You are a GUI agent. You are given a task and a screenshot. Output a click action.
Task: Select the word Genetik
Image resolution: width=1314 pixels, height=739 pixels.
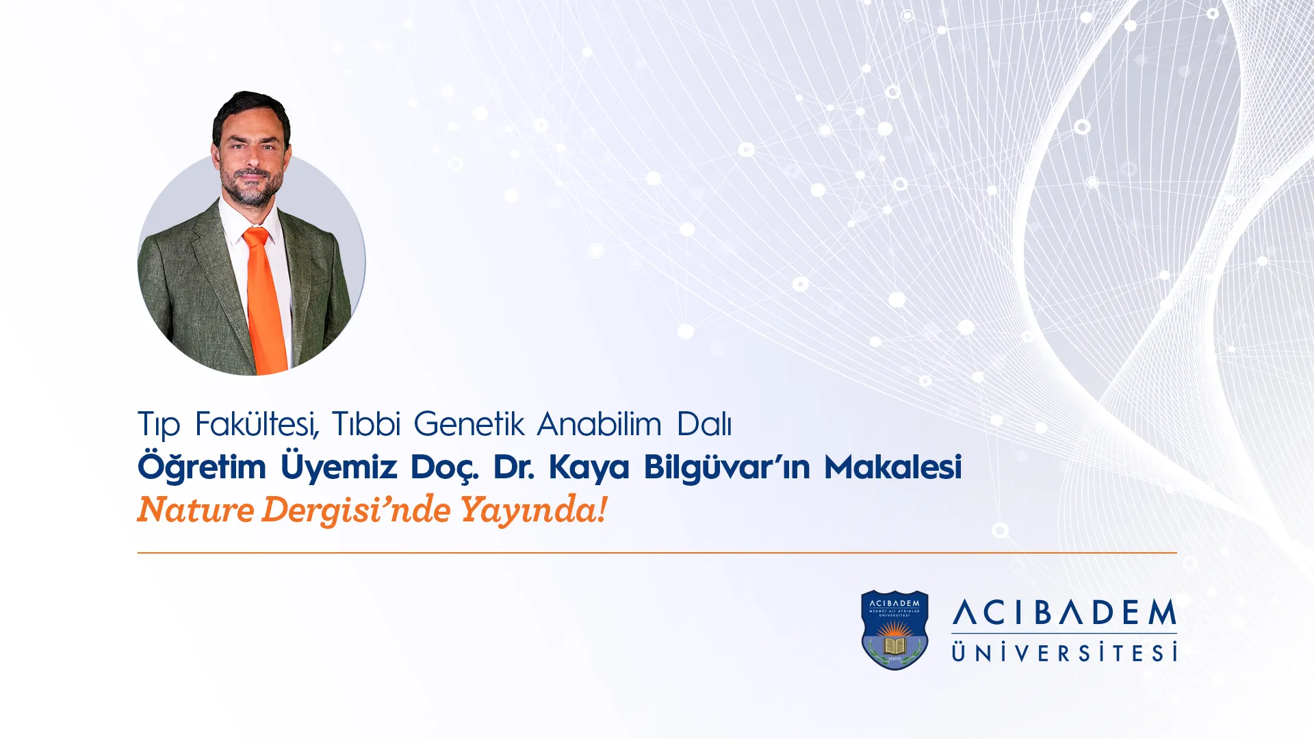pos(469,424)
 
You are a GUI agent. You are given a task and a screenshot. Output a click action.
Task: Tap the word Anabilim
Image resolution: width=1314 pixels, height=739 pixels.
pos(600,424)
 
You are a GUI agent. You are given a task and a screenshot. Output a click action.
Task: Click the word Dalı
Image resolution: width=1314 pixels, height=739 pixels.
pos(704,424)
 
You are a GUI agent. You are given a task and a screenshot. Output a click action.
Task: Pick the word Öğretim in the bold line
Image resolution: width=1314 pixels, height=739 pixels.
pos(202,467)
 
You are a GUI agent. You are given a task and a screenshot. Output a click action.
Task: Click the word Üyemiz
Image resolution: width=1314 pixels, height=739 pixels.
pos(339,467)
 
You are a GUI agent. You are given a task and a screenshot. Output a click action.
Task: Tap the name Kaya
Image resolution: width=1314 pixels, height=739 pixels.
pos(589,468)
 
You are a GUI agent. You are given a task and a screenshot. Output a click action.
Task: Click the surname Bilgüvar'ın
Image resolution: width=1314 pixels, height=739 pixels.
pos(727,467)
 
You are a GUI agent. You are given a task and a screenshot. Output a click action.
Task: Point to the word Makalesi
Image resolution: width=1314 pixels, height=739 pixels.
pos(893,467)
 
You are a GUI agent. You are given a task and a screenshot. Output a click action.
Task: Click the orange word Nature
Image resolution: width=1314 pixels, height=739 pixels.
pos(196,510)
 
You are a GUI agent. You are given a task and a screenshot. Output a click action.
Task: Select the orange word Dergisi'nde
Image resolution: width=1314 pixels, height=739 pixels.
pos(356,510)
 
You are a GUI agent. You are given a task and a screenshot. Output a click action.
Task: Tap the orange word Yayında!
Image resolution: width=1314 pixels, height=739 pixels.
pos(533,510)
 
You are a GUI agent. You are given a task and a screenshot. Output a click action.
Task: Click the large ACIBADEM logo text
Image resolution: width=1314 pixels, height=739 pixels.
pos(1064,612)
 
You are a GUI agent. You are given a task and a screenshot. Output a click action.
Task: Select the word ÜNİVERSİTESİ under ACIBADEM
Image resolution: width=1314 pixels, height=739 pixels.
pos(1064,652)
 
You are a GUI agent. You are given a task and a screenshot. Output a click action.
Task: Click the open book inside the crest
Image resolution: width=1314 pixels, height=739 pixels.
pos(894,645)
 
